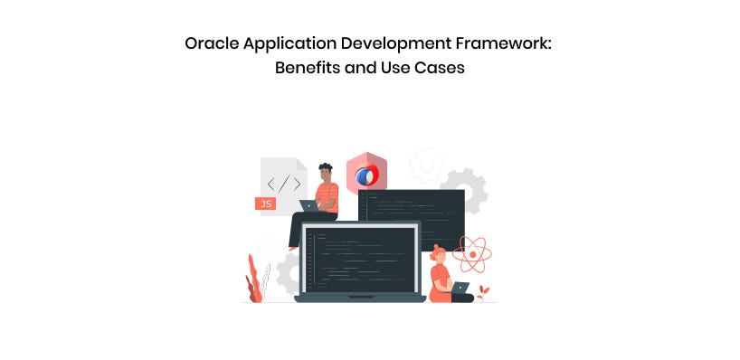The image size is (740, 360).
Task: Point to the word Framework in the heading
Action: pos(503,44)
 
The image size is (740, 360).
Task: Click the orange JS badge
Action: pos(265,204)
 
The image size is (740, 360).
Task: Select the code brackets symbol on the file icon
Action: pos(284,184)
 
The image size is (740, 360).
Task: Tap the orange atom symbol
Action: pos(472,254)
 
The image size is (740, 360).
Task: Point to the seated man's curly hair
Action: pos(326,167)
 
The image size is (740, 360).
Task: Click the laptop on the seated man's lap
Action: pos(309,205)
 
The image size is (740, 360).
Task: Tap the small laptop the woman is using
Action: pos(460,288)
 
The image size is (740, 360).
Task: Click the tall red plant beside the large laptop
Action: pos(253,279)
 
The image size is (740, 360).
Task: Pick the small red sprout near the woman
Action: pos(483,292)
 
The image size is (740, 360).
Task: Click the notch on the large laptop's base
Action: pos(361,297)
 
